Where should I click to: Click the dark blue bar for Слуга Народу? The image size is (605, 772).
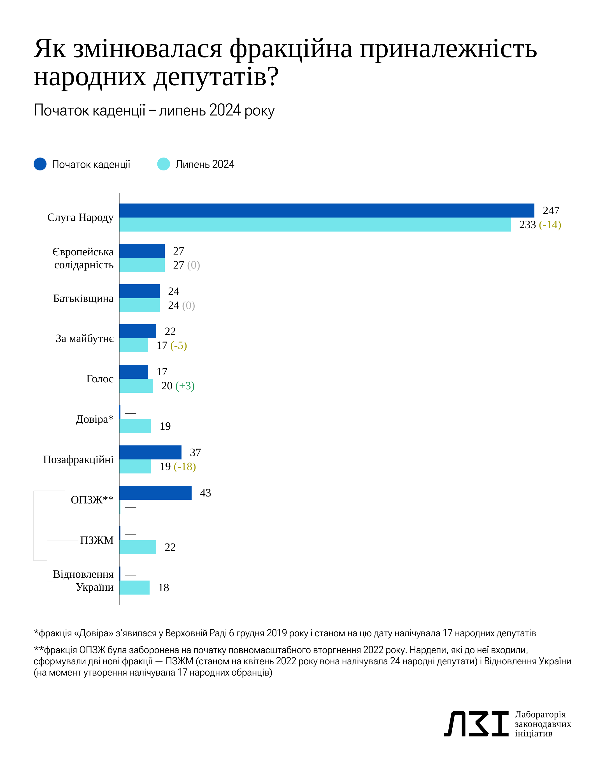point(327,211)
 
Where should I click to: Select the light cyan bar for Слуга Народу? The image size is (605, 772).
point(315,225)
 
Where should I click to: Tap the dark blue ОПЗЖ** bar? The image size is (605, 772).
point(155,493)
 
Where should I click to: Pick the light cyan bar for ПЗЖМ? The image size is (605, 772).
point(138,547)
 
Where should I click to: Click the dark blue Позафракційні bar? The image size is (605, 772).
point(150,452)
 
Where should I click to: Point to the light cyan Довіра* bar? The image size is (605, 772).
point(135,426)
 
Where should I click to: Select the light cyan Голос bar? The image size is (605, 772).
point(136,386)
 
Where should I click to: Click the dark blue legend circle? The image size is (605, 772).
point(40,164)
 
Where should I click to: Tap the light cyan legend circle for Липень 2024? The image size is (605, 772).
point(163,164)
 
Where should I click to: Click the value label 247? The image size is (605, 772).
point(551,211)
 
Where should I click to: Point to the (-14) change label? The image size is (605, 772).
point(550,225)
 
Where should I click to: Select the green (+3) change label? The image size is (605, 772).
point(185,386)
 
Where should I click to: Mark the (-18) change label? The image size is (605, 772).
point(185,466)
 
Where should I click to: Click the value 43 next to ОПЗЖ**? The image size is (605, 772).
point(205,493)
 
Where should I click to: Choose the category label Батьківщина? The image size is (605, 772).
point(83,299)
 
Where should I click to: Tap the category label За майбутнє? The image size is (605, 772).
point(85,339)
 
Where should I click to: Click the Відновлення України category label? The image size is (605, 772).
point(83,581)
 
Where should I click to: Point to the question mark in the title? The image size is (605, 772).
point(273,77)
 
